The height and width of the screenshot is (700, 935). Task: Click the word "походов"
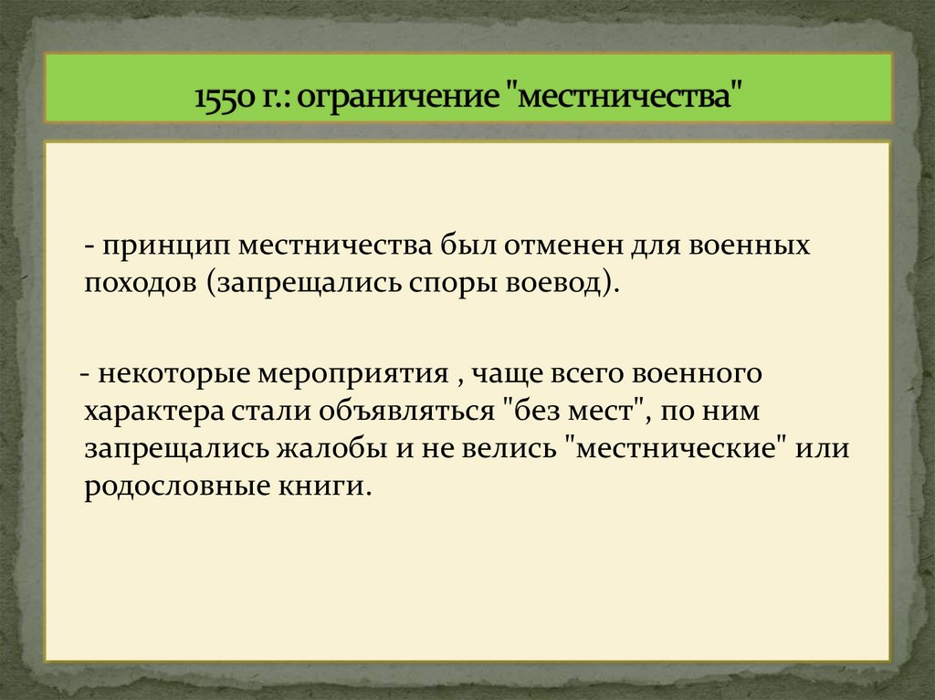click(x=141, y=282)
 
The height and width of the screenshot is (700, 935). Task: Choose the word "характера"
click(x=151, y=411)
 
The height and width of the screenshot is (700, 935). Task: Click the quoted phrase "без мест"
click(x=574, y=411)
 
